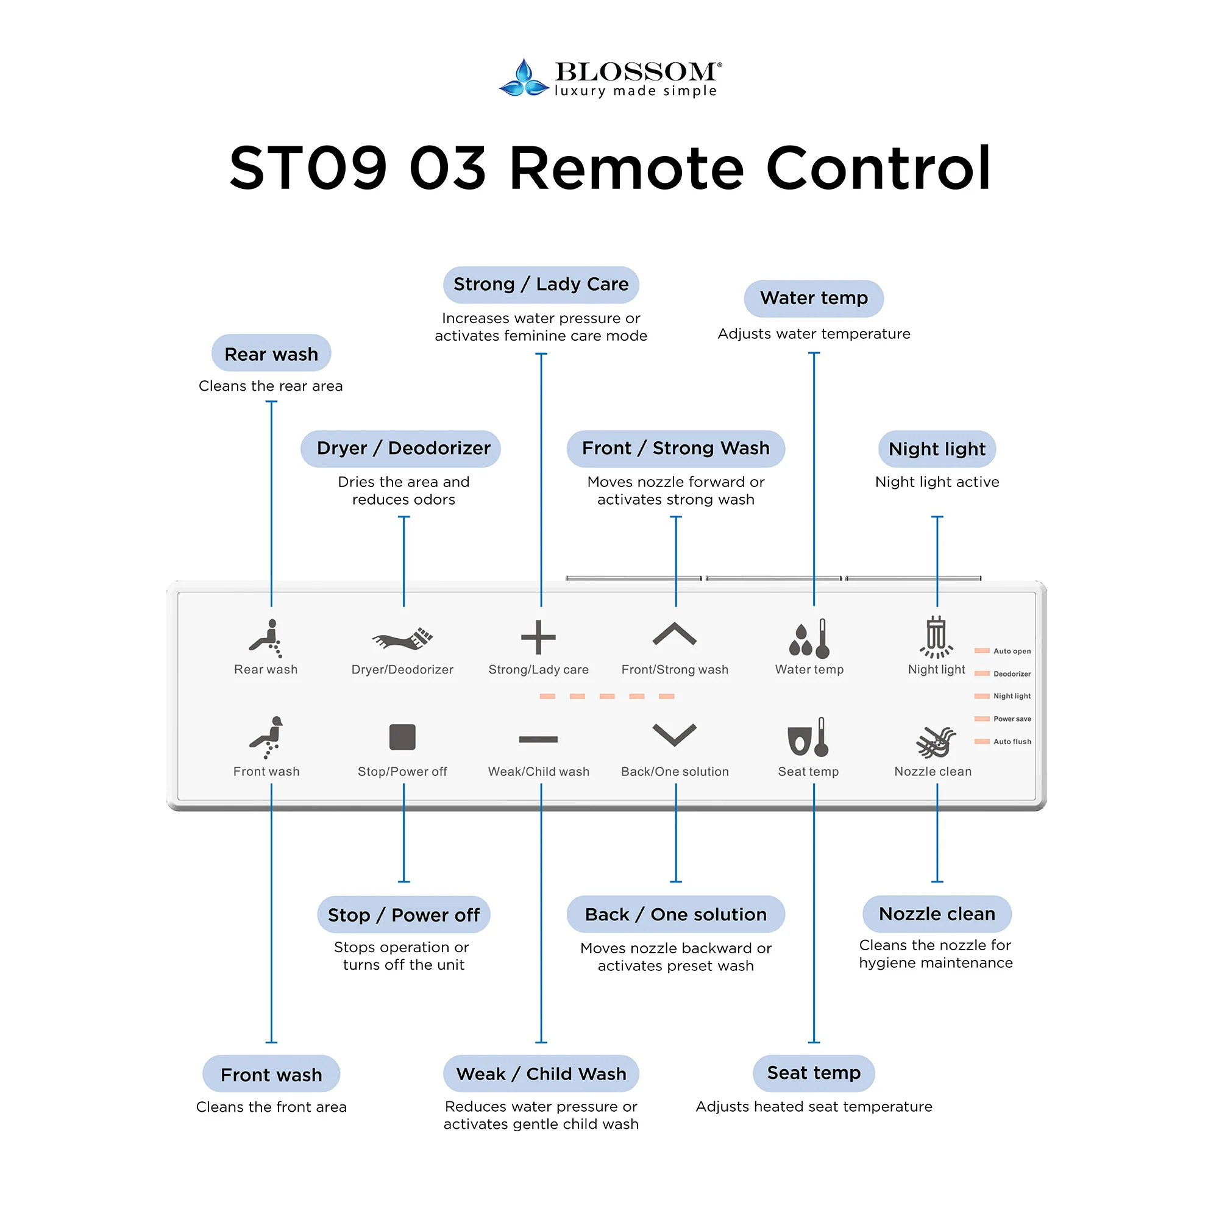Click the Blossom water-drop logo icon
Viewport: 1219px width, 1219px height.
pyautogui.click(x=523, y=78)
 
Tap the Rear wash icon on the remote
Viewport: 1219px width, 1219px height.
pyautogui.click(x=266, y=638)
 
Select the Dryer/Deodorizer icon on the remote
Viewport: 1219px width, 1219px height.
pyautogui.click(x=402, y=639)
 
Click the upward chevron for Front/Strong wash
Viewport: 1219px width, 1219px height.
pyautogui.click(x=674, y=634)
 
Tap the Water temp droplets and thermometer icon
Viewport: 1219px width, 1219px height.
pyautogui.click(x=809, y=638)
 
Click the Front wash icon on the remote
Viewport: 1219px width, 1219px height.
pyautogui.click(x=266, y=737)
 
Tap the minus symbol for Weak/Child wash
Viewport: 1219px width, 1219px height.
pyautogui.click(x=538, y=739)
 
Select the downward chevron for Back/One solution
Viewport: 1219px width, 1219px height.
pyautogui.click(x=674, y=734)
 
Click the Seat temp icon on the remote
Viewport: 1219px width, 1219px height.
pyautogui.click(x=808, y=737)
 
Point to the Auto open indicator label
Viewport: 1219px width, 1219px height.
pyautogui.click(x=1011, y=651)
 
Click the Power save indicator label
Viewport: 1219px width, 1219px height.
pyautogui.click(x=1011, y=719)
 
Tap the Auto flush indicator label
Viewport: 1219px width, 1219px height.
pyautogui.click(x=1011, y=741)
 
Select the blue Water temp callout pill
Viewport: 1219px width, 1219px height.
pyautogui.click(x=813, y=299)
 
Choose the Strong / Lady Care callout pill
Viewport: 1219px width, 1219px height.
pyautogui.click(x=541, y=285)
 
